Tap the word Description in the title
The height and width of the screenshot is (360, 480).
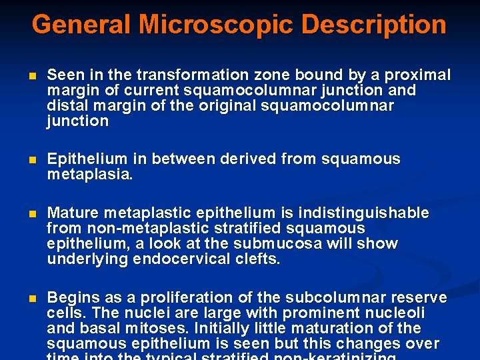click(374, 25)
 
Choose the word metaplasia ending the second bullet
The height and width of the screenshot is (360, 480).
click(90, 175)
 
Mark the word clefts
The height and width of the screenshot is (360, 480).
click(258, 259)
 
